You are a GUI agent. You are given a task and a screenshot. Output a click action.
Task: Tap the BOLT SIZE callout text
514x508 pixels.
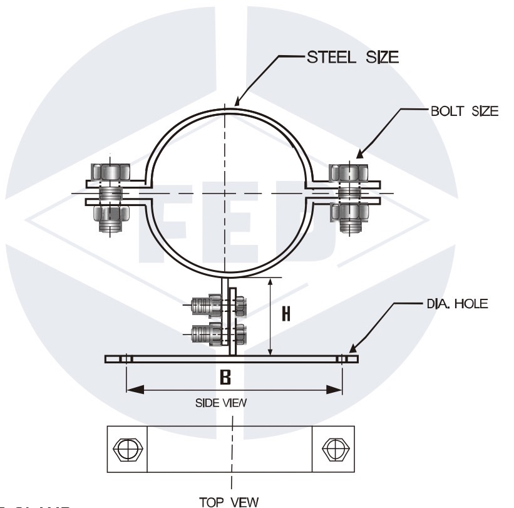(464, 111)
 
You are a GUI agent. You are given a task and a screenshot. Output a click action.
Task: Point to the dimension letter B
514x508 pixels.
(226, 377)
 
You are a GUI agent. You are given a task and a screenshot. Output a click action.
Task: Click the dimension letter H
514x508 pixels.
(285, 314)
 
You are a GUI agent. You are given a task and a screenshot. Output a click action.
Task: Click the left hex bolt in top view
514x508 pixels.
(128, 449)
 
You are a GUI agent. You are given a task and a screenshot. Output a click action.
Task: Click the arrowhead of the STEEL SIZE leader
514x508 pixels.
(236, 103)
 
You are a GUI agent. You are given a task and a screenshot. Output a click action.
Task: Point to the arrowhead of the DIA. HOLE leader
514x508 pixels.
(352, 352)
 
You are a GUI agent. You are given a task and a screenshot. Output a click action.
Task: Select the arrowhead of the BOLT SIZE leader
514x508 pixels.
(358, 155)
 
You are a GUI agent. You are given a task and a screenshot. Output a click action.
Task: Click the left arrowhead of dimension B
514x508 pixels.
(130, 390)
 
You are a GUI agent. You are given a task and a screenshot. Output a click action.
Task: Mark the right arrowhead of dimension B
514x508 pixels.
(339, 390)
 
